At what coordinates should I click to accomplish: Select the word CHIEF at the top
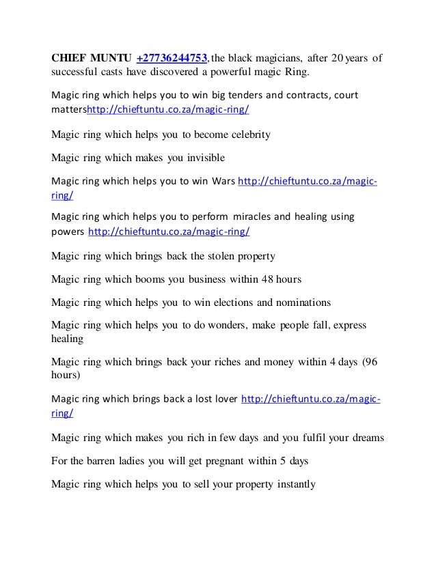pyautogui.click(x=70, y=57)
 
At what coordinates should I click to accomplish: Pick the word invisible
pyautogui.click(x=200, y=158)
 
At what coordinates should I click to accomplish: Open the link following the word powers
pyautogui.click(x=169, y=231)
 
